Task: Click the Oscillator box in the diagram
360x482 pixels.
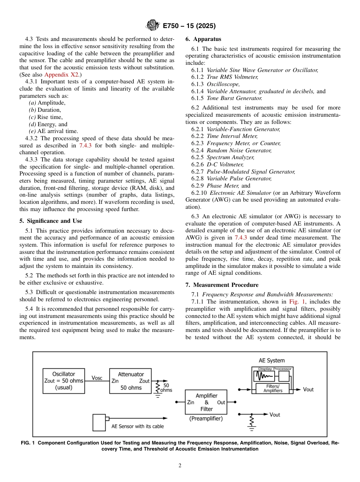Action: tap(64, 380)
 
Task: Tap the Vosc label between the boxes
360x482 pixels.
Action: tap(97, 378)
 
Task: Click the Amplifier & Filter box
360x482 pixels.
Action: tap(206, 402)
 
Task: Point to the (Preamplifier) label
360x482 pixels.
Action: tap(206, 419)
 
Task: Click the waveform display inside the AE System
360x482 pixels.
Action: tap(266, 376)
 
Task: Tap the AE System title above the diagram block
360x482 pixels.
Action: tap(271, 360)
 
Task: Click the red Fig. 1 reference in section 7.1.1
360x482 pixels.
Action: tap(296, 302)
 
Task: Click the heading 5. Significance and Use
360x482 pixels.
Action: tap(50, 221)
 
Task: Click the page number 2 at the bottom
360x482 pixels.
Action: tap(180, 466)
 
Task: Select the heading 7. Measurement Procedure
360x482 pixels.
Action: tap(222, 285)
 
